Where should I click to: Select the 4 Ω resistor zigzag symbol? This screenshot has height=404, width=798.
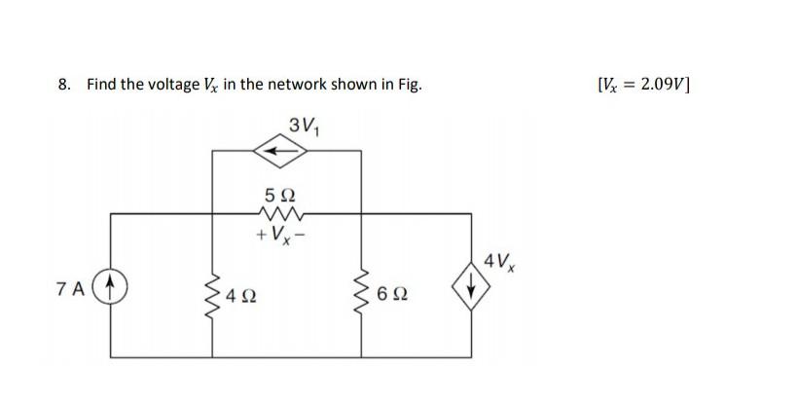tap(213, 288)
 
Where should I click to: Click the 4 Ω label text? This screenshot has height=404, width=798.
tap(242, 294)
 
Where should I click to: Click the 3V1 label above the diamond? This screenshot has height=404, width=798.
tap(304, 124)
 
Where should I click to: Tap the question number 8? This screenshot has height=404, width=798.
tap(64, 85)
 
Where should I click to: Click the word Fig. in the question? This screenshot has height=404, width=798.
tap(408, 85)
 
